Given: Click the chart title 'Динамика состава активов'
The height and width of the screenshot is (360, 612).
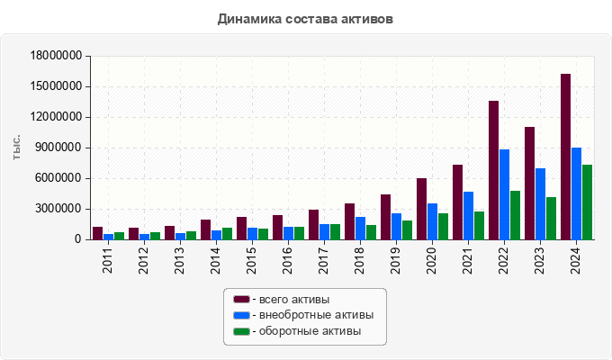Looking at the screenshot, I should click(305, 18).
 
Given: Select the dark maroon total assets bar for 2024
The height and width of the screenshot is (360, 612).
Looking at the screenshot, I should click(565, 157).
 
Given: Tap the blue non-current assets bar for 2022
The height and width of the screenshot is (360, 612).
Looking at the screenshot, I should click(504, 194).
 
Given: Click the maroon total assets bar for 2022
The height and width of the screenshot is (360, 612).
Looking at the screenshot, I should click(493, 170).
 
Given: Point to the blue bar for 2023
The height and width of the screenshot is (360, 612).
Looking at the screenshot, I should click(540, 203).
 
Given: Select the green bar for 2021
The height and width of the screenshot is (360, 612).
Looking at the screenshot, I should click(479, 225).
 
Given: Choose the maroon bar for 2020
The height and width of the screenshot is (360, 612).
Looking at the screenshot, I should click(421, 209).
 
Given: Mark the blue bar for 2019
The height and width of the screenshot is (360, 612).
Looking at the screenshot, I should click(396, 226).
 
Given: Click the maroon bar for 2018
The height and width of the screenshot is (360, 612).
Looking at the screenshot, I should click(349, 221).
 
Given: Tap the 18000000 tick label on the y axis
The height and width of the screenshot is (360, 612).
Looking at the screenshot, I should click(56, 56).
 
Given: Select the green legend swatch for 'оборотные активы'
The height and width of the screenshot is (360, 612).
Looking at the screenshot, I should click(241, 331).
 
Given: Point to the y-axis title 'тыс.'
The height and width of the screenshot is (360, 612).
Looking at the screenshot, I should click(16, 148).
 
